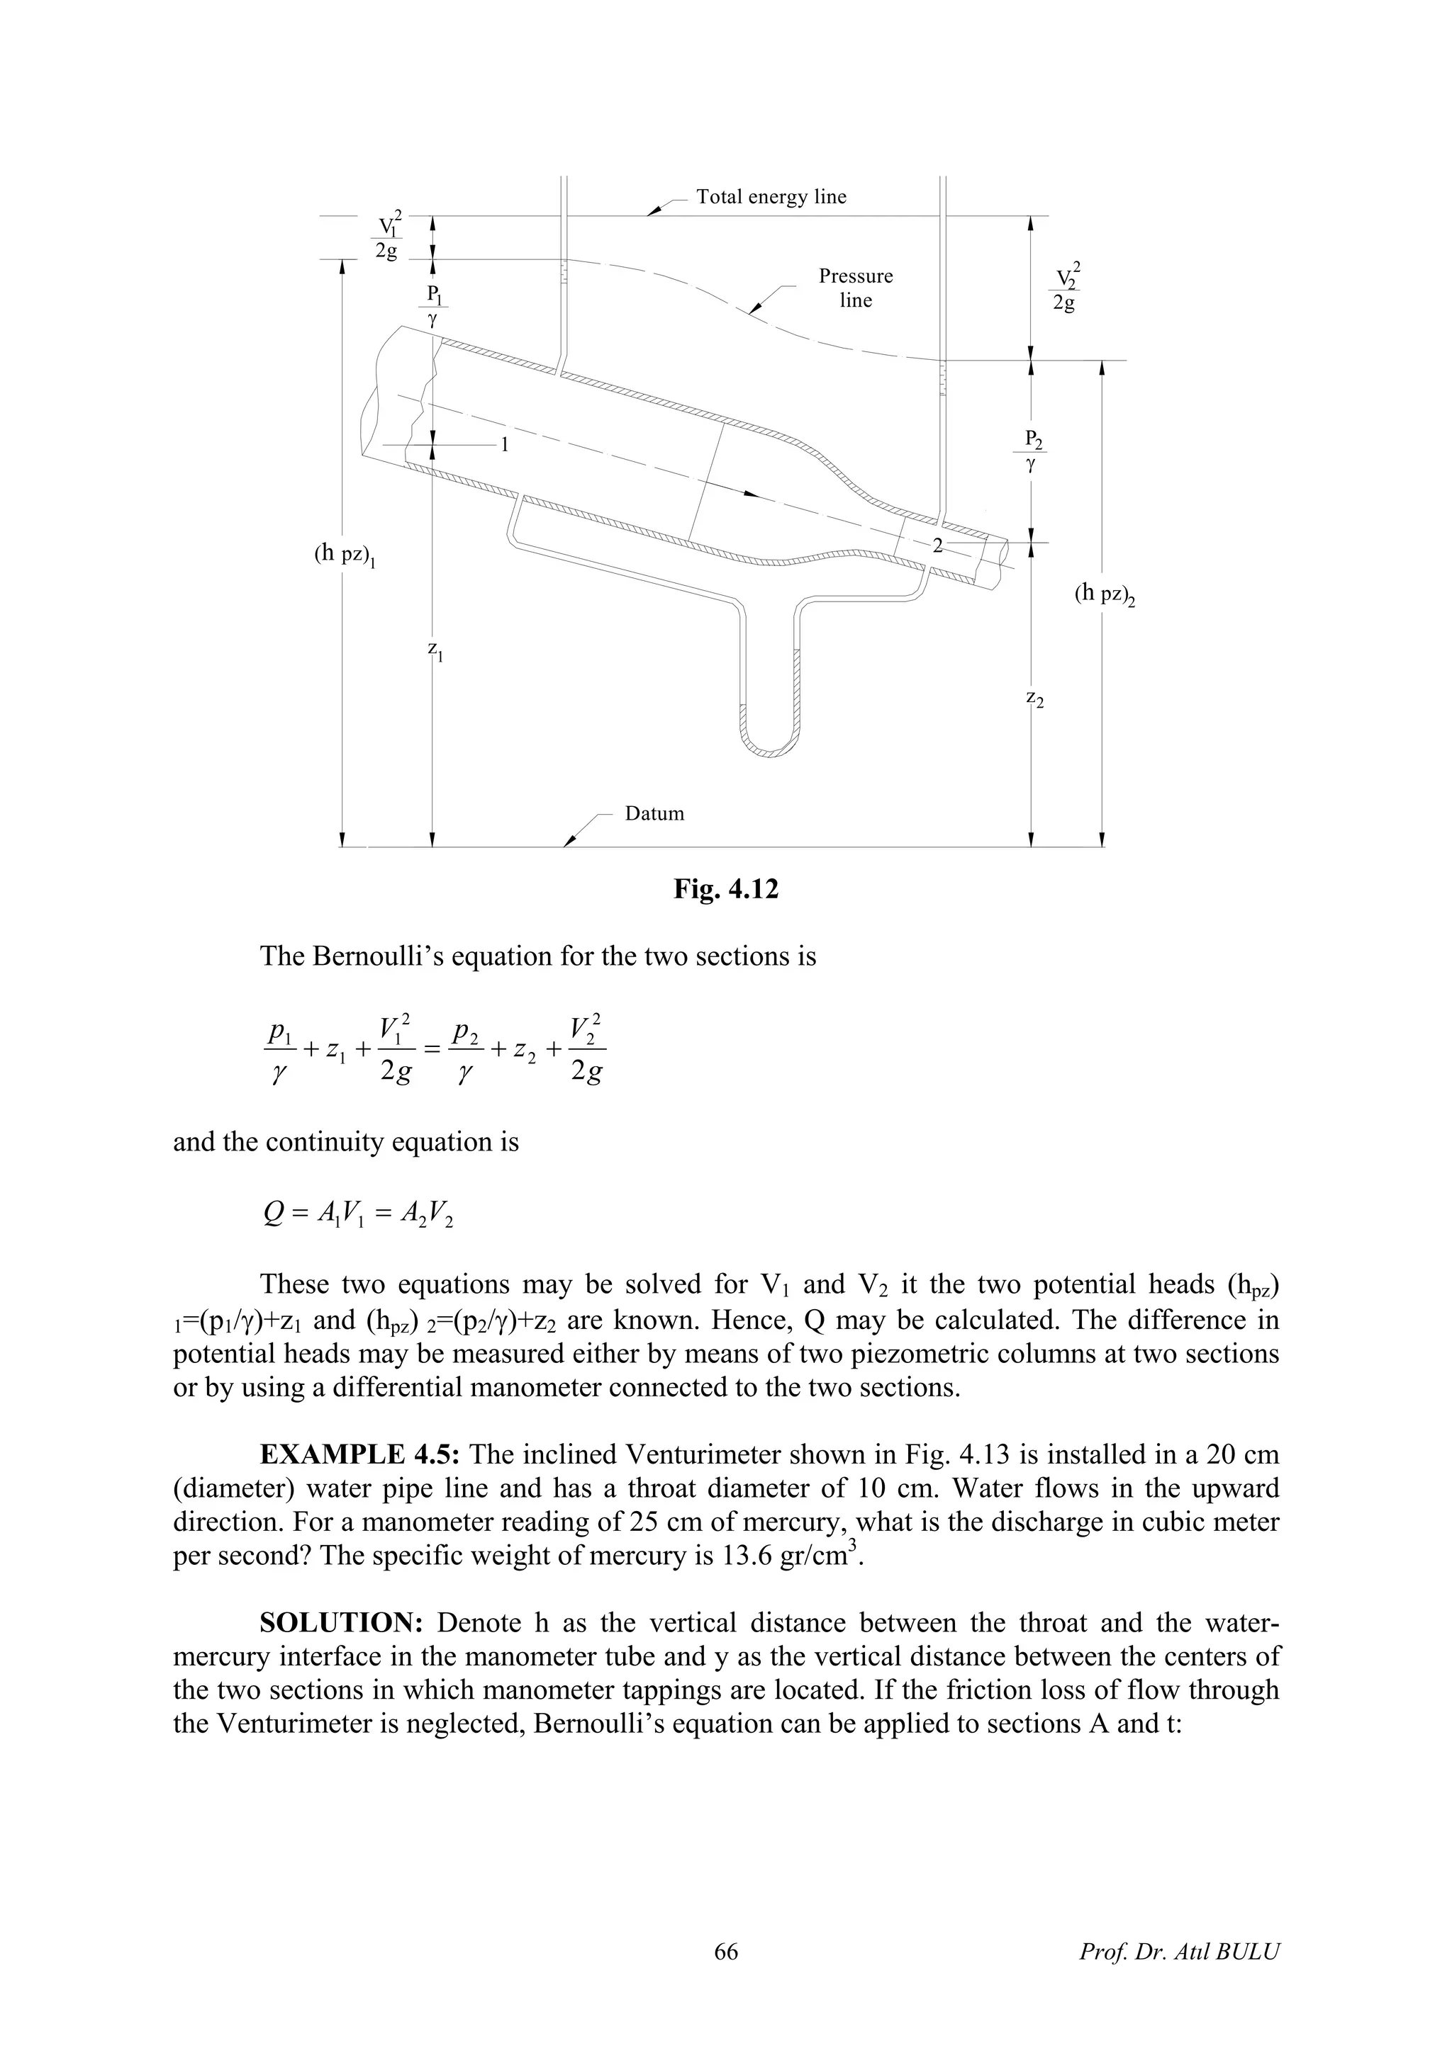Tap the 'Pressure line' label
pyautogui.click(x=855, y=288)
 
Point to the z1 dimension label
pyautogui.click(x=436, y=651)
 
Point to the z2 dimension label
pyautogui.click(x=1035, y=699)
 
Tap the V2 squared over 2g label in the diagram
pyautogui.click(x=1065, y=287)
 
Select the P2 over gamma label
pyautogui.click(x=1033, y=451)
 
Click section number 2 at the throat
pyautogui.click(x=937, y=545)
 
